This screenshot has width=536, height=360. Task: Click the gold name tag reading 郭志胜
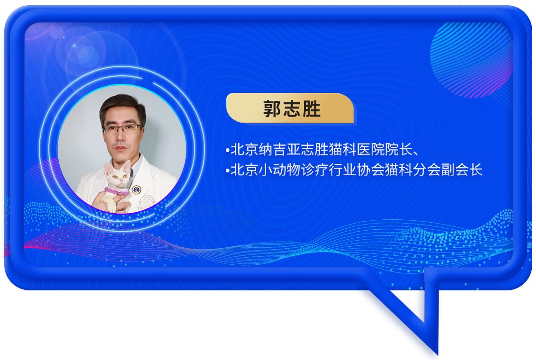290,108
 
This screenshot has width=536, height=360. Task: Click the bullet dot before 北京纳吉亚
227,152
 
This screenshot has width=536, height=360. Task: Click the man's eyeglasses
123,128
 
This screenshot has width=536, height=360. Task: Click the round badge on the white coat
136,189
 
